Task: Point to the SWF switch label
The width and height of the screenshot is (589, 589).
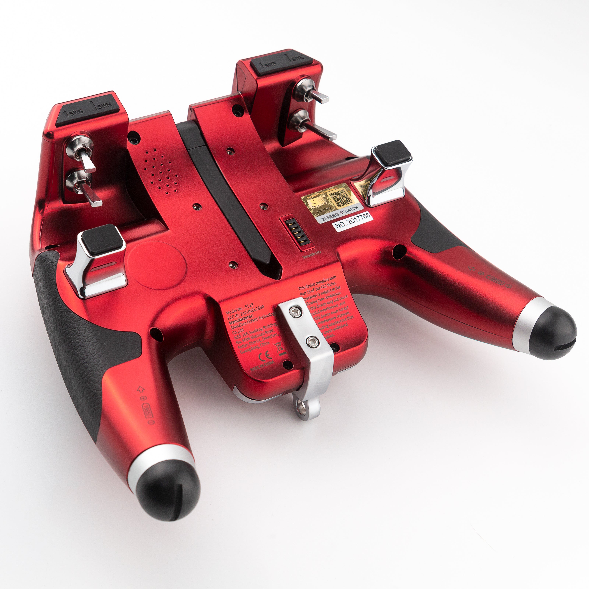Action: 270,64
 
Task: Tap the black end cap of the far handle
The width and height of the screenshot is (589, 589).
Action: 552,335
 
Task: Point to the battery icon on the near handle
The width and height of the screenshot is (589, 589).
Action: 147,409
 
